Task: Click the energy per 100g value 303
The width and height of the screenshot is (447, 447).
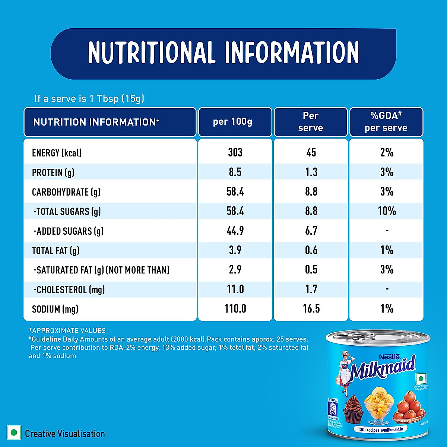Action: click(235, 152)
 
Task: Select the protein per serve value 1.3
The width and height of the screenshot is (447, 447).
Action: click(311, 172)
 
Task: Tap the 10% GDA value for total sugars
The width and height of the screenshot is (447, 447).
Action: click(387, 211)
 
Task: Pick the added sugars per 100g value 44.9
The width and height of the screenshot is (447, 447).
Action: click(235, 231)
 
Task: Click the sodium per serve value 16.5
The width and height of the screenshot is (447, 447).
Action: click(311, 309)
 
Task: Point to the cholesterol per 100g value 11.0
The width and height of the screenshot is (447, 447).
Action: click(235, 289)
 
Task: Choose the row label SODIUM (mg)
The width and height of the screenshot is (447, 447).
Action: click(55, 309)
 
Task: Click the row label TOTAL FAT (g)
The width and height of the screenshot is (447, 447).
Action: click(56, 251)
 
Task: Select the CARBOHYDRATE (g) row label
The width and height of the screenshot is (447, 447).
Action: click(66, 192)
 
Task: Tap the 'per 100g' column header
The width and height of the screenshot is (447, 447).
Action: click(232, 122)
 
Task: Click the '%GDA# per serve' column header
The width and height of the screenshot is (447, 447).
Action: click(386, 122)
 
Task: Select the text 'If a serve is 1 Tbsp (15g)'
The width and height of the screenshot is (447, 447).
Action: click(89, 99)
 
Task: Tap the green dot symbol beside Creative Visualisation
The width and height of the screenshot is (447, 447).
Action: click(14, 433)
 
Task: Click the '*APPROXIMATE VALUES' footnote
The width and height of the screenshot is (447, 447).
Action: click(67, 330)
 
